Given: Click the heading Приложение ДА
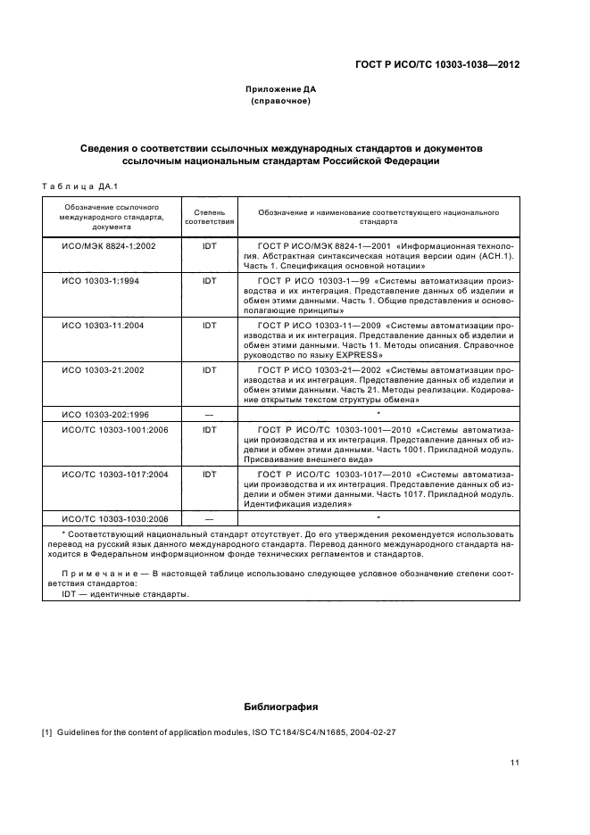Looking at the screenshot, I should (x=281, y=89).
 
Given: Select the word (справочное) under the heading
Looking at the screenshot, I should (x=281, y=102).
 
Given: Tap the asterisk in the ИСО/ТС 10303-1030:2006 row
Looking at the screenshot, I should (x=378, y=517).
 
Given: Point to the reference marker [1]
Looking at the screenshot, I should (x=47, y=732).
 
